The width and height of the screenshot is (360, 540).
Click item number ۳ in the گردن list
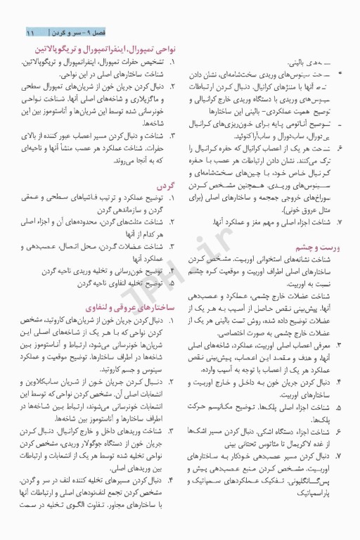pyautogui.click(x=172, y=247)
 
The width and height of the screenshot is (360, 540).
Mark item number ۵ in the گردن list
pyautogui.click(x=172, y=283)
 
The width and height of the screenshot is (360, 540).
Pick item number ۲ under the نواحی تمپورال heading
pyautogui.click(x=172, y=86)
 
